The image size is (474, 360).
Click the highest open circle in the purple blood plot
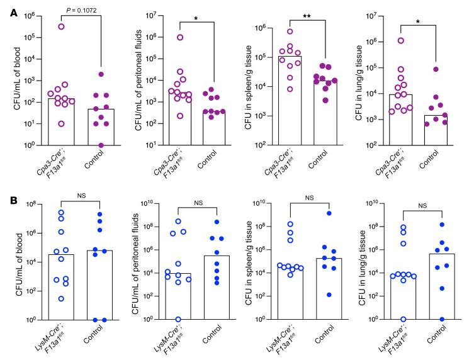(x=62, y=26)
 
